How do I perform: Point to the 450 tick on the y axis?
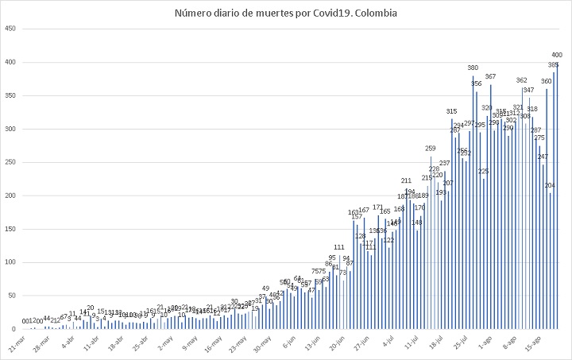pyautogui.click(x=10, y=29)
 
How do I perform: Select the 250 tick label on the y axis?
pyautogui.click(x=10, y=162)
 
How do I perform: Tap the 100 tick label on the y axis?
pyautogui.click(x=10, y=262)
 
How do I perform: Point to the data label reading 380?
pyautogui.click(x=473, y=68)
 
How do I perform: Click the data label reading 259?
pyautogui.click(x=431, y=149)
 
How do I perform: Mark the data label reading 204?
pyautogui.click(x=550, y=185)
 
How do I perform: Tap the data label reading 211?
pyautogui.click(x=406, y=180)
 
